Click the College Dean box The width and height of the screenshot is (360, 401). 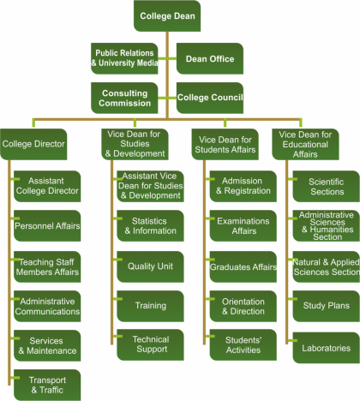click(x=167, y=16)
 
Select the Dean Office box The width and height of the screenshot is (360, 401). click(x=210, y=58)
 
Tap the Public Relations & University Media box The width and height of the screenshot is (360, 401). click(x=124, y=58)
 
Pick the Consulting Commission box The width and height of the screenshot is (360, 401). click(x=124, y=98)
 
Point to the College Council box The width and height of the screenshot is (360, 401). click(x=210, y=98)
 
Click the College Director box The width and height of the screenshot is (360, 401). click(x=33, y=144)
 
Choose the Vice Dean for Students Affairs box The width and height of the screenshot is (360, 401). click(x=225, y=144)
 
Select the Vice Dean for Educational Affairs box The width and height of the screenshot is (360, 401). click(x=305, y=144)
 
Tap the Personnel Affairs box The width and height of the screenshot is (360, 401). click(x=47, y=226)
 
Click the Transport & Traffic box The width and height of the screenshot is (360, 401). click(x=47, y=385)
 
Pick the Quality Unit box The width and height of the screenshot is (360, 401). click(x=150, y=266)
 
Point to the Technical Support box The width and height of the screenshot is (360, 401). click(x=150, y=344)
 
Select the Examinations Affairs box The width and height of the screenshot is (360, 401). click(x=243, y=226)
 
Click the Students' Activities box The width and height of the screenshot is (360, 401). click(x=243, y=344)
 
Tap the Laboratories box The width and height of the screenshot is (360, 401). click(x=327, y=348)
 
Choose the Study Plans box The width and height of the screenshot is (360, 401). click(x=327, y=306)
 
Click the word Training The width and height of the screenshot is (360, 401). click(x=151, y=306)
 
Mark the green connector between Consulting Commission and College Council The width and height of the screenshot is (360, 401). click(x=167, y=98)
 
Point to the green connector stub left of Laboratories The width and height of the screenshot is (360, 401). click(x=291, y=341)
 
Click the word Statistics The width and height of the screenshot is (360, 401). click(x=149, y=221)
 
